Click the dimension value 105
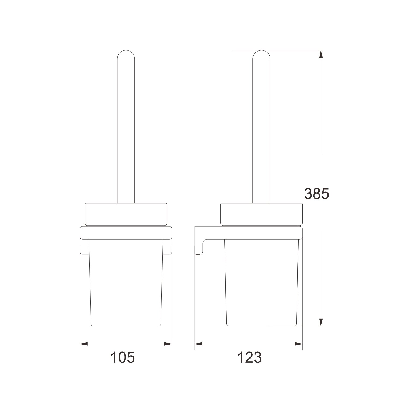click(122, 357)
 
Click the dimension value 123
click(250, 357)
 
